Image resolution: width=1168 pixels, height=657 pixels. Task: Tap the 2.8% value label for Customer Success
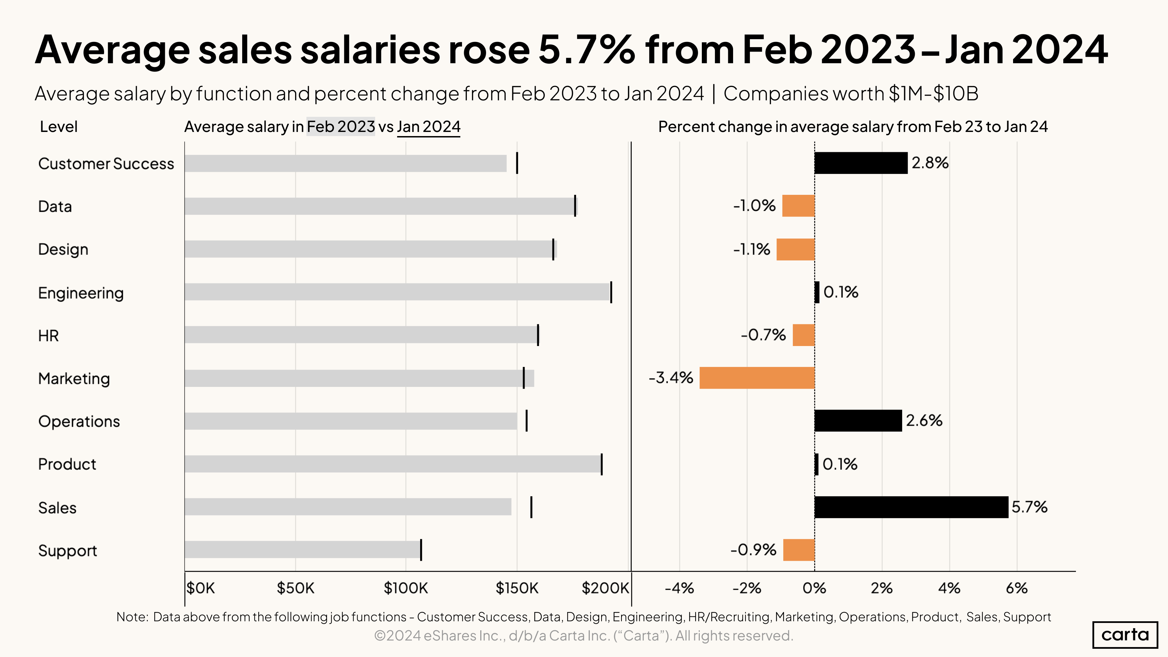pyautogui.click(x=930, y=163)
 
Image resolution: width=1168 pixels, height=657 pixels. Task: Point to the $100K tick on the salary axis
pyautogui.click(x=405, y=588)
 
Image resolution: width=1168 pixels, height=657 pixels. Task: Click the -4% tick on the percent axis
pyautogui.click(x=679, y=588)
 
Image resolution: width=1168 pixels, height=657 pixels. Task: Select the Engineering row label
pyautogui.click(x=81, y=293)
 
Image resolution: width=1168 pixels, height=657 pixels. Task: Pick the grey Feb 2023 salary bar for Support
pyautogui.click(x=302, y=549)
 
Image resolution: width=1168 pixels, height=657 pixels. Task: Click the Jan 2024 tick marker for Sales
pyautogui.click(x=531, y=507)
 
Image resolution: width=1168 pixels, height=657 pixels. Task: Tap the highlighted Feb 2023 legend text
pyautogui.click(x=340, y=126)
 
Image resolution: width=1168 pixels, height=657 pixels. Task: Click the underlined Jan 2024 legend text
pyautogui.click(x=428, y=126)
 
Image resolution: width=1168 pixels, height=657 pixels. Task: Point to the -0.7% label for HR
pyautogui.click(x=763, y=335)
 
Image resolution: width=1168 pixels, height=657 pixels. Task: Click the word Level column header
pyautogui.click(x=58, y=126)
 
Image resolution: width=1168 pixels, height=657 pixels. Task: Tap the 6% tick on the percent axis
pyautogui.click(x=1016, y=588)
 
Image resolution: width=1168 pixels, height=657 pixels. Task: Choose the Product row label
pyautogui.click(x=67, y=464)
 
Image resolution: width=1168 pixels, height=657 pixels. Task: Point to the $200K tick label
pyautogui.click(x=605, y=588)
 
